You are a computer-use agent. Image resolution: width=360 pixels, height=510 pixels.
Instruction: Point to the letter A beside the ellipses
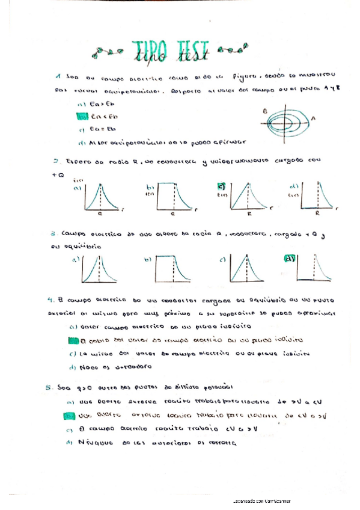(x=313, y=119)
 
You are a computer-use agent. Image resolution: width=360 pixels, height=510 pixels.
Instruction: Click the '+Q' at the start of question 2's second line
(x=58, y=174)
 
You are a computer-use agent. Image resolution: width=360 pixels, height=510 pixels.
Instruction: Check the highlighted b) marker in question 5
(x=69, y=416)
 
